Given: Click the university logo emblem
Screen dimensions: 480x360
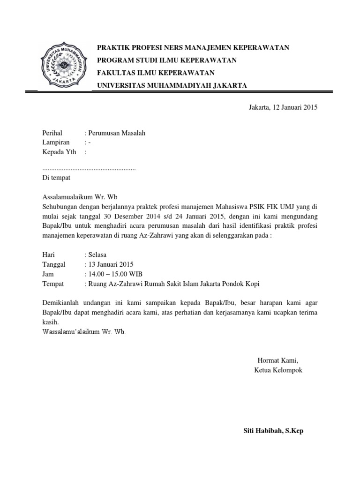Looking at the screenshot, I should coord(65,66).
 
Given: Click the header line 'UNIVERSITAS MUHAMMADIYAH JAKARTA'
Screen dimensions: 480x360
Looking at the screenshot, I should coord(172,85).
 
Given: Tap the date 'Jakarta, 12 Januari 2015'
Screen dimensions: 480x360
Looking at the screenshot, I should coord(283,107).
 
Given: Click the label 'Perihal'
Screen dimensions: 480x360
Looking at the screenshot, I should coord(52,133).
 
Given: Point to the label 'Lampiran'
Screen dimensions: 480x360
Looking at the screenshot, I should coord(56,142).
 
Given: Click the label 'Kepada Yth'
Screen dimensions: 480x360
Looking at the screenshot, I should coord(59,152).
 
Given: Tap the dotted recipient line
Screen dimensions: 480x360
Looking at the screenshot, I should coord(89,169).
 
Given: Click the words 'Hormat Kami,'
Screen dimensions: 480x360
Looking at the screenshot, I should coord(278,360).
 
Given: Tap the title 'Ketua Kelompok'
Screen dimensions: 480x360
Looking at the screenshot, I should coord(278,370).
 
